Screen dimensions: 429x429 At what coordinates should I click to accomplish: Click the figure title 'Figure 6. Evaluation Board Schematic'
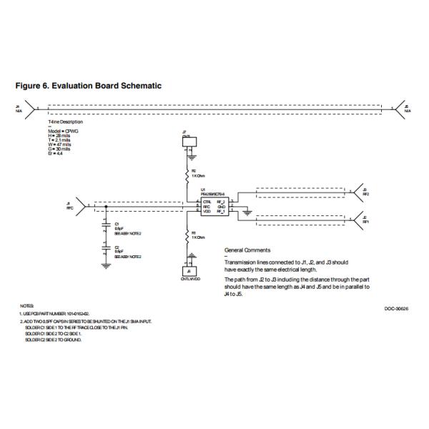(x=89, y=86)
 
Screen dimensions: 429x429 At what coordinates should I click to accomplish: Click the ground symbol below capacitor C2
(x=106, y=265)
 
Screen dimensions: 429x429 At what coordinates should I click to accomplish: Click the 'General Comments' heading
(x=247, y=250)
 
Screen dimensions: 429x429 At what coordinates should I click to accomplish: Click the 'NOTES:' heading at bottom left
(x=27, y=306)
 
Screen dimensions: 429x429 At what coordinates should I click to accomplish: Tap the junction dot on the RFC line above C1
(x=106, y=207)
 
